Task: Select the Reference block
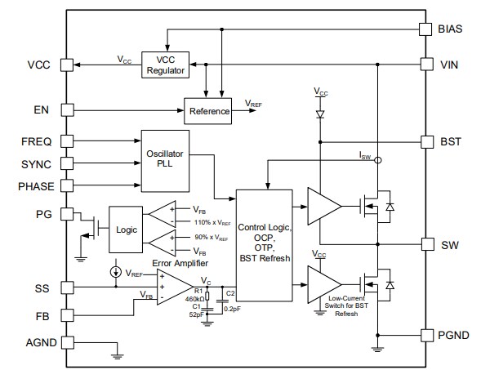(209, 110)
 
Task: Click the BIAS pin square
(425, 29)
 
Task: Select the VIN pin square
(425, 63)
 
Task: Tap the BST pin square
(425, 141)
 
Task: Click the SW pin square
(425, 244)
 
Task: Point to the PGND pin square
(425, 336)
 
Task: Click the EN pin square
(68, 108)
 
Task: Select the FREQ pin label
(36, 141)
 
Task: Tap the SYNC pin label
(36, 164)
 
